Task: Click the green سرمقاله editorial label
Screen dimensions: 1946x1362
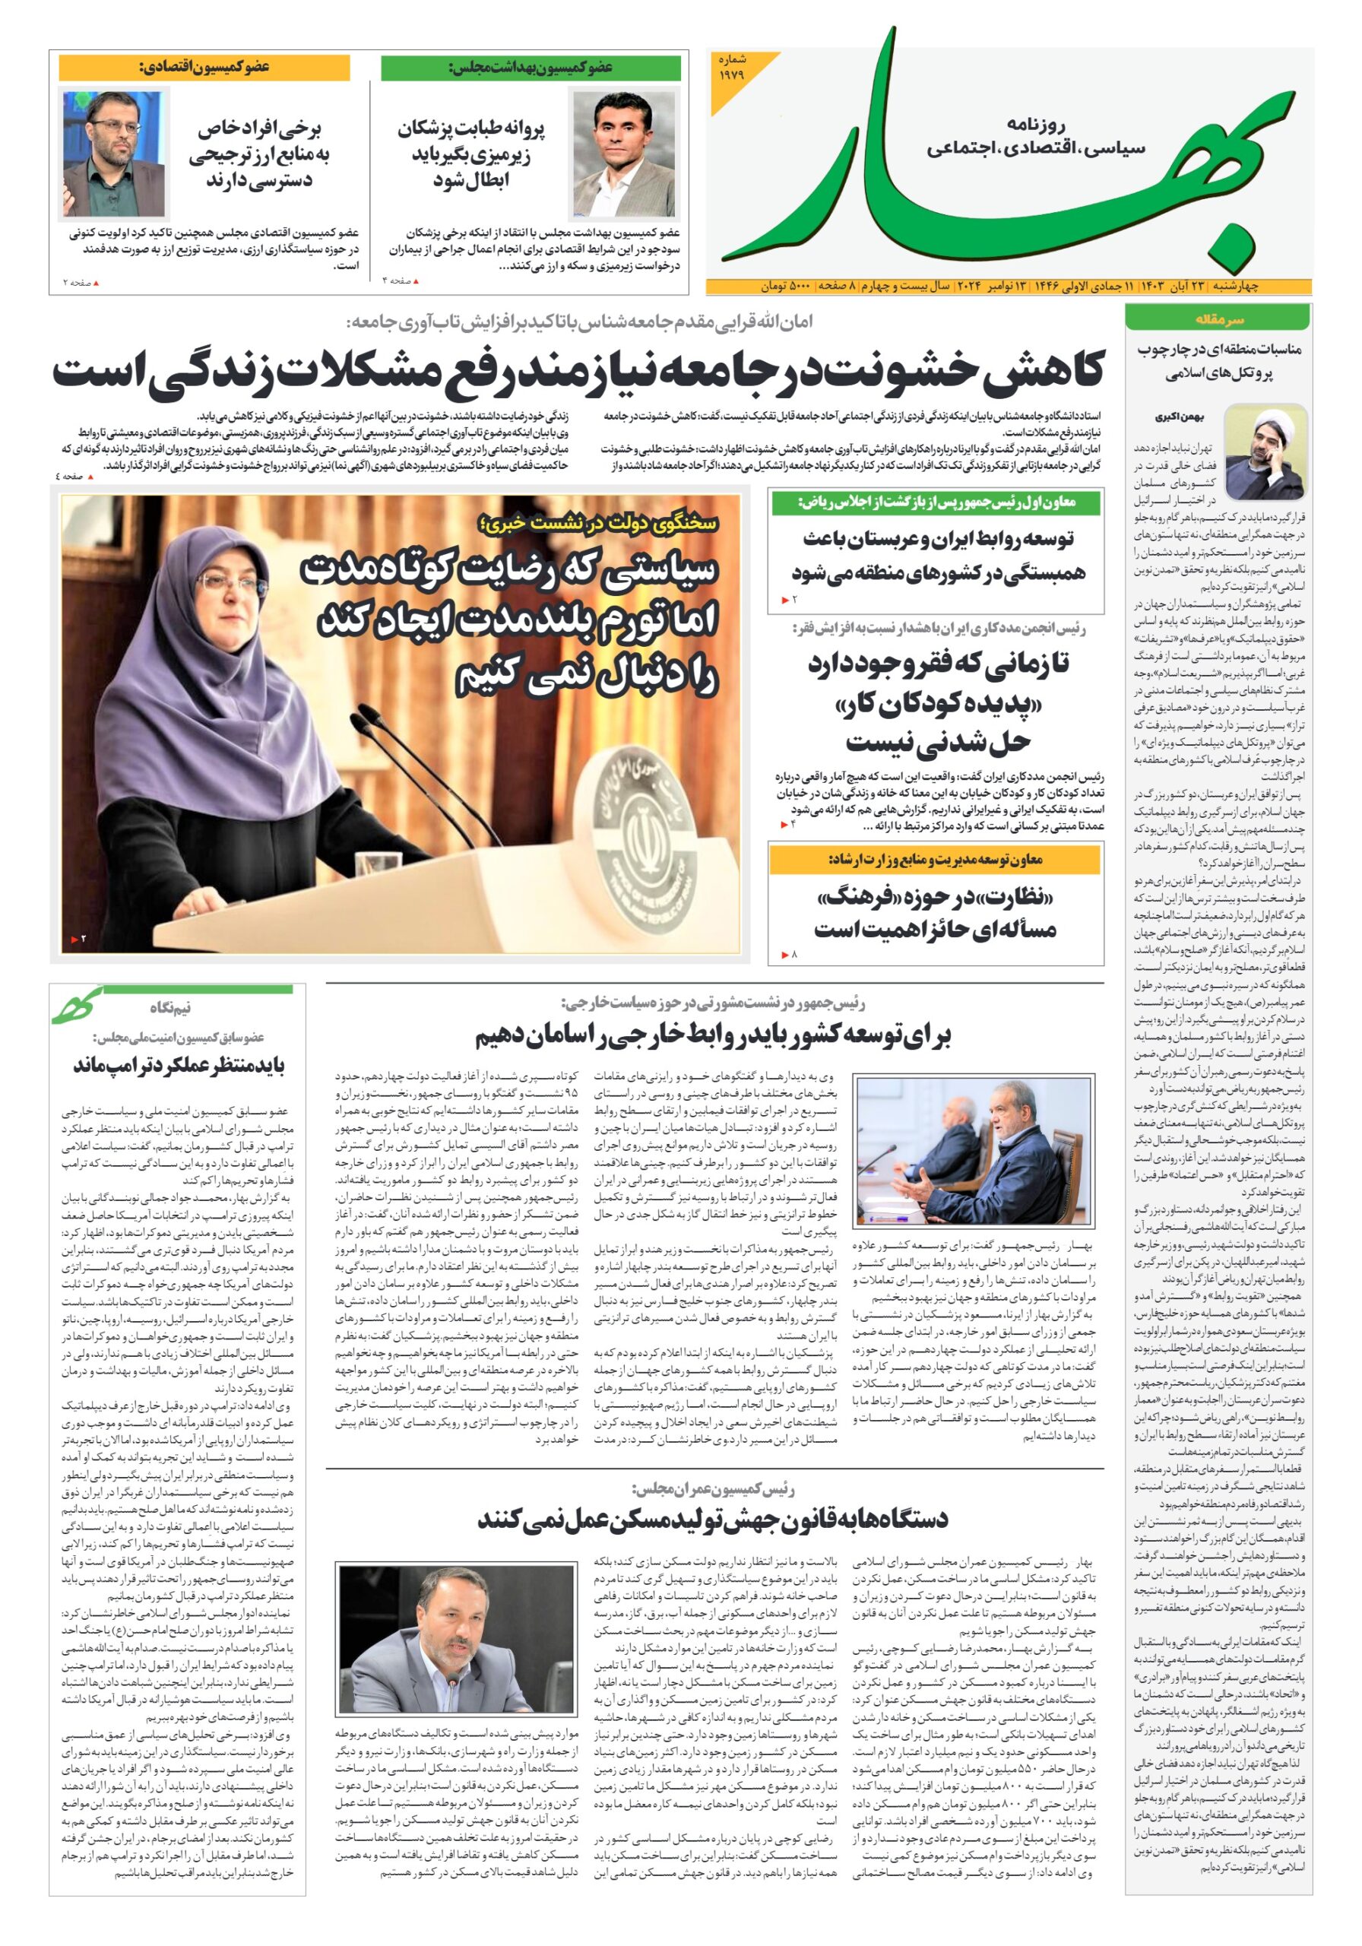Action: tap(1218, 319)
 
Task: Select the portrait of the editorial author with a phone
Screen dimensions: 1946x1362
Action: tap(1265, 452)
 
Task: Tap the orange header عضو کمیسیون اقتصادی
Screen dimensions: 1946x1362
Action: tap(204, 67)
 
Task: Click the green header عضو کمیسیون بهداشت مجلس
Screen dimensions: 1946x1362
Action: tap(530, 68)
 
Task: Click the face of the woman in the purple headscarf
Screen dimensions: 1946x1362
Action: tap(227, 593)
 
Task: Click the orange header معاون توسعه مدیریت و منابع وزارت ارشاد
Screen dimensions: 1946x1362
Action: tap(935, 860)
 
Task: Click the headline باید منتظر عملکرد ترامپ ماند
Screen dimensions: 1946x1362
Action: tap(178, 1064)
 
